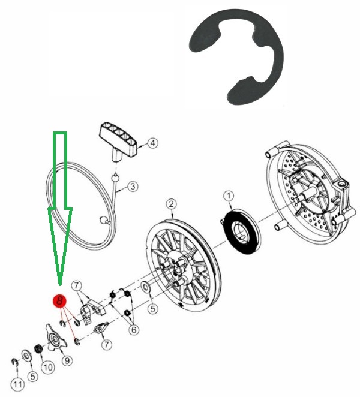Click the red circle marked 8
click(x=59, y=302)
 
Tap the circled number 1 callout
click(x=229, y=196)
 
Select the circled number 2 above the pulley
click(x=171, y=204)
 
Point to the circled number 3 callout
click(x=133, y=187)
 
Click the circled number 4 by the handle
click(x=152, y=143)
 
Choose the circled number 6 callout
click(x=134, y=330)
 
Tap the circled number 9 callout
click(x=67, y=360)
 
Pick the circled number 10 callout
click(x=48, y=368)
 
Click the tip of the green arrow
click(x=60, y=285)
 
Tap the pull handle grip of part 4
click(x=118, y=139)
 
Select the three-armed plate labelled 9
click(x=56, y=338)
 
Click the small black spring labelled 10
click(x=38, y=349)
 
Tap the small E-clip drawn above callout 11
click(x=15, y=363)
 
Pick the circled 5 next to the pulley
click(x=152, y=309)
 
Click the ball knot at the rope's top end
click(x=115, y=178)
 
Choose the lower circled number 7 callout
click(x=106, y=345)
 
